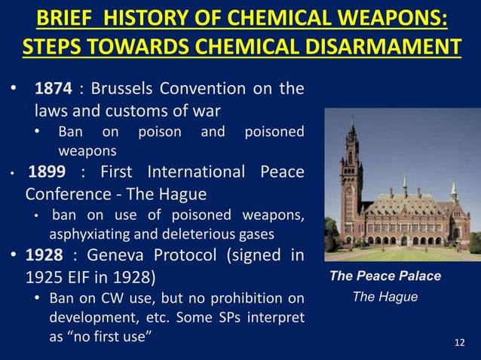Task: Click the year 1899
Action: pos(47,172)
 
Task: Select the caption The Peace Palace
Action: pos(385,276)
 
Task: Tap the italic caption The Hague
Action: pos(385,297)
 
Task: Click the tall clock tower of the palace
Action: pos(352,166)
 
